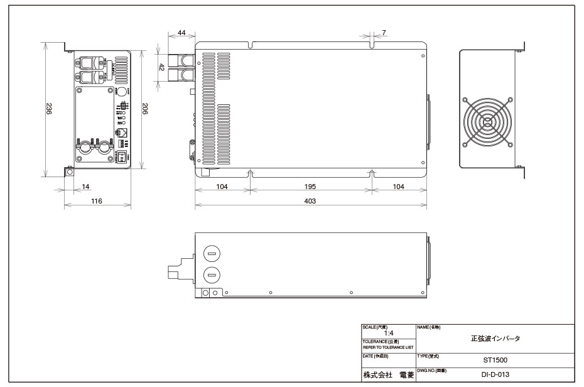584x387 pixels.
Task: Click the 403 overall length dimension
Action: click(310, 200)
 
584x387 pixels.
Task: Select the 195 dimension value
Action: click(310, 187)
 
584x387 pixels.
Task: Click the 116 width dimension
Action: click(96, 201)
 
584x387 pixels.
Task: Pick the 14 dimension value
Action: click(84, 187)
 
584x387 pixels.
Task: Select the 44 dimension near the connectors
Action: click(182, 31)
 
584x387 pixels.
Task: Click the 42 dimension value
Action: click(161, 67)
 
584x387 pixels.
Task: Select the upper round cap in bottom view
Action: click(212, 254)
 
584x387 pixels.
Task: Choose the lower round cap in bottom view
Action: click(212, 274)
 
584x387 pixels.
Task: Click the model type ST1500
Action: click(495, 361)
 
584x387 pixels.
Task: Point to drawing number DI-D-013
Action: click(495, 374)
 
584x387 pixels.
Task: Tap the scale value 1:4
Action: click(389, 333)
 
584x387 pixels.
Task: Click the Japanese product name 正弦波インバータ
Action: click(495, 339)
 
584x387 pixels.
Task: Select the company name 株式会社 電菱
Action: click(387, 374)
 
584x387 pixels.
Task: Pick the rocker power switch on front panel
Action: click(124, 157)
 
